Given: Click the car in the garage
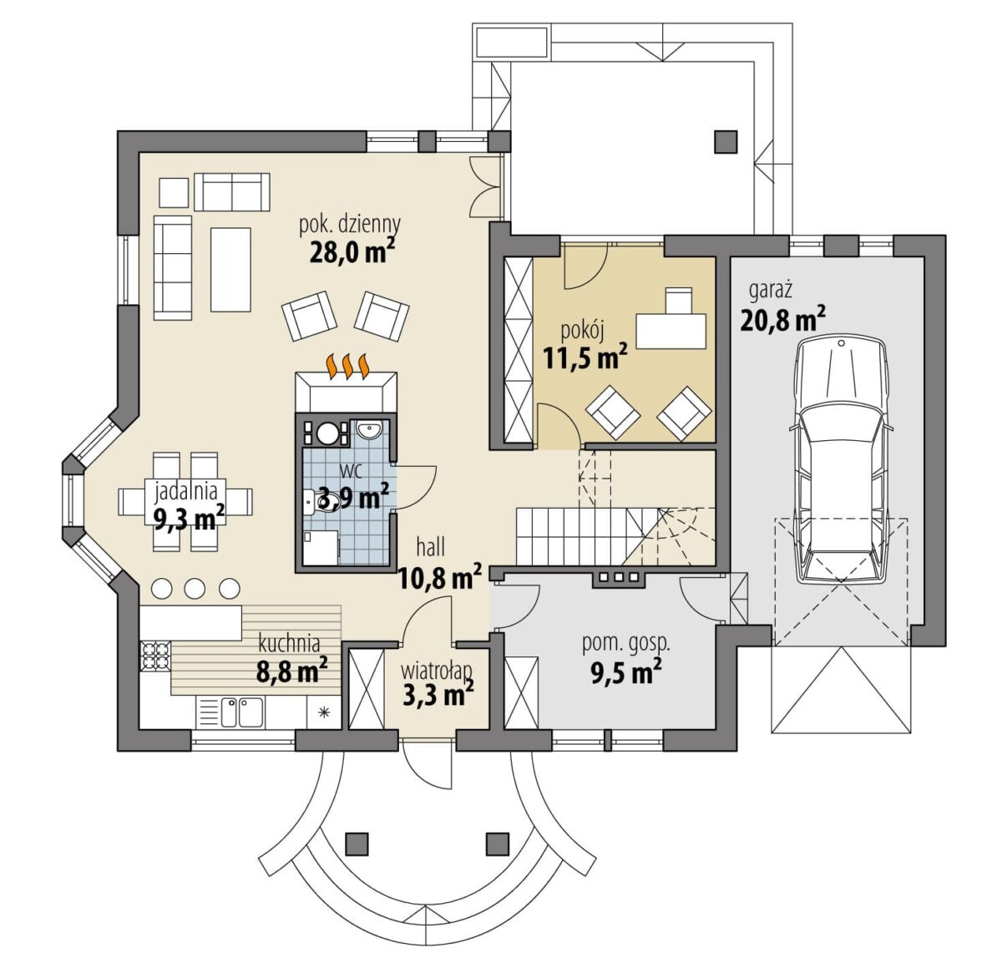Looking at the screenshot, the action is [x=842, y=460].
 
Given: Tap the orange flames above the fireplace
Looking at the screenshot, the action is [x=347, y=366].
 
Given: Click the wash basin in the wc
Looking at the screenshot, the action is [x=369, y=429].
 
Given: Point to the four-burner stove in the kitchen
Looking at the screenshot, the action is [x=155, y=656].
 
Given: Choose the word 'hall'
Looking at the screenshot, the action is [x=431, y=548].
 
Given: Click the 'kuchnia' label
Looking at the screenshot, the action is [x=289, y=644].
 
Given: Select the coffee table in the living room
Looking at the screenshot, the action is [x=230, y=270].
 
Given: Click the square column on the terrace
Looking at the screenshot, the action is [x=726, y=142].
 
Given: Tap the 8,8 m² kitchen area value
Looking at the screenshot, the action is [x=291, y=670].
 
